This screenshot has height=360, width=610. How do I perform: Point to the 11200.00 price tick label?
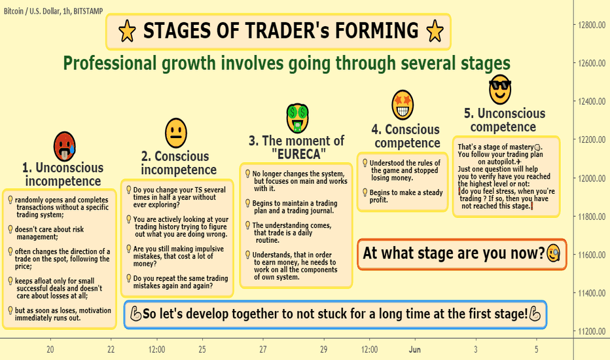(591, 331)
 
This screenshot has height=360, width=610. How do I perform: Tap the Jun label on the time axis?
(415, 350)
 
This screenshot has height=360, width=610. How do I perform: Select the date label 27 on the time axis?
(263, 350)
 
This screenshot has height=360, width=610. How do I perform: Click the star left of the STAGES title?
(127, 31)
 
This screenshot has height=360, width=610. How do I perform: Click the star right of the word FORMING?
(435, 31)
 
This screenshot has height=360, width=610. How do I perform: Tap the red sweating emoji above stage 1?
(65, 147)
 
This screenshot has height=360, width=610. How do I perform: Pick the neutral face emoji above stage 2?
(176, 133)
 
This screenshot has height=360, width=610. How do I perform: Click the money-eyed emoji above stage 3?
(298, 118)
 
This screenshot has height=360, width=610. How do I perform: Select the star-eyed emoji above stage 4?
(403, 105)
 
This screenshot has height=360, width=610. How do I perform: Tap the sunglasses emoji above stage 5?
(500, 90)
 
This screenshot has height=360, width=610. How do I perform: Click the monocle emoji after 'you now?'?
(554, 253)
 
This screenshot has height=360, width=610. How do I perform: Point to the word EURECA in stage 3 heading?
(298, 154)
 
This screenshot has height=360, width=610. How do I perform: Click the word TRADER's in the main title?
(272, 31)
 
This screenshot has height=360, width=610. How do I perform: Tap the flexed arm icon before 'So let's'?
(135, 314)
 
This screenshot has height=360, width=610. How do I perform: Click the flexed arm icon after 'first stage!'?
(535, 314)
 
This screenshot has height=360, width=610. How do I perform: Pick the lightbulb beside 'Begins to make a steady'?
(365, 192)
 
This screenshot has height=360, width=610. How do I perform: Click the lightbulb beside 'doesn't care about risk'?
(10, 229)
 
